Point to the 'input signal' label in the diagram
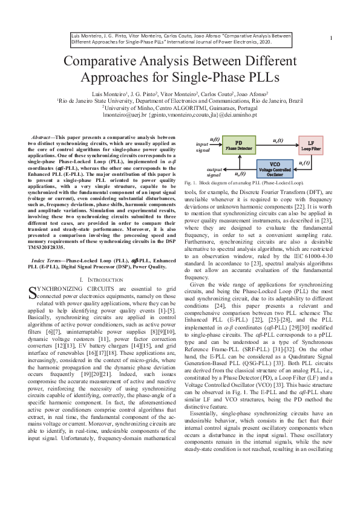(202, 145)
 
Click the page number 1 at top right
(331, 38)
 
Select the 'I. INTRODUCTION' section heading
(102, 280)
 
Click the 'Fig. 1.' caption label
(191, 182)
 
